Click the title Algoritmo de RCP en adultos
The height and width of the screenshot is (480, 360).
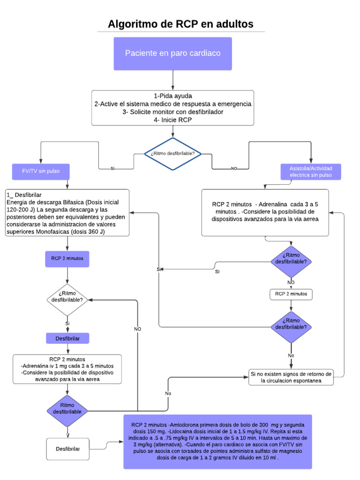click(x=180, y=24)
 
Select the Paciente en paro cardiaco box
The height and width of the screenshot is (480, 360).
click(x=172, y=53)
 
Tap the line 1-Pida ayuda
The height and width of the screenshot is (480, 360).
click(x=173, y=96)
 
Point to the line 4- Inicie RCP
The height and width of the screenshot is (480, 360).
click(x=173, y=120)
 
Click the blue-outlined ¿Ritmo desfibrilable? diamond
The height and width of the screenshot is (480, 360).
click(x=173, y=154)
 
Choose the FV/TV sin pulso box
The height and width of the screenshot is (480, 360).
click(x=41, y=172)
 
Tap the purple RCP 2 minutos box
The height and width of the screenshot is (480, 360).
click(x=67, y=258)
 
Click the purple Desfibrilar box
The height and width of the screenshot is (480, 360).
click(x=67, y=338)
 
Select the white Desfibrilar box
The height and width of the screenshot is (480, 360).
click(x=67, y=449)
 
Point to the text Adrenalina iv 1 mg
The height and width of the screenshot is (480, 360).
click(x=48, y=366)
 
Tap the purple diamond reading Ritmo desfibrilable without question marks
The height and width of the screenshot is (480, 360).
click(x=67, y=408)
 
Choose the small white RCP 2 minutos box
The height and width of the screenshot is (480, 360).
click(x=291, y=294)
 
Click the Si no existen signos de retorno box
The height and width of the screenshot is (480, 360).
click(x=291, y=377)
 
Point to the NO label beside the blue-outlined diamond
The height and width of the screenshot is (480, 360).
click(x=234, y=168)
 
